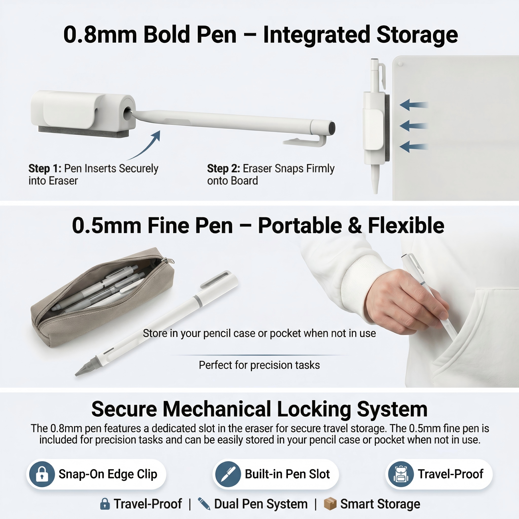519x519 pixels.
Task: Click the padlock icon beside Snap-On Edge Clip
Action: click(42, 474)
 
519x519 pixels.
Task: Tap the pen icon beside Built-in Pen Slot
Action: click(228, 474)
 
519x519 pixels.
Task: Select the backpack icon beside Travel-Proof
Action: click(401, 474)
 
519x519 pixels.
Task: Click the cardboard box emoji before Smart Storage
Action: click(330, 504)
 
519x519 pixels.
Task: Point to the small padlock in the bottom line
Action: click(105, 504)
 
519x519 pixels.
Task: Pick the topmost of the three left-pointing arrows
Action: click(414, 105)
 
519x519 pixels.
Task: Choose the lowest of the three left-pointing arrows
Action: click(414, 147)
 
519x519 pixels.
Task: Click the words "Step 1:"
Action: click(45, 169)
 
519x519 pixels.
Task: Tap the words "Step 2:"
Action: click(224, 169)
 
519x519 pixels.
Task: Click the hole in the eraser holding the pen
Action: click(128, 112)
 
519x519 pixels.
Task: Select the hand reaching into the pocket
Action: click(406, 301)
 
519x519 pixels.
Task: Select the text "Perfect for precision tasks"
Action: click(259, 365)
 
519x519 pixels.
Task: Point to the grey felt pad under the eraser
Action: click(84, 132)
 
